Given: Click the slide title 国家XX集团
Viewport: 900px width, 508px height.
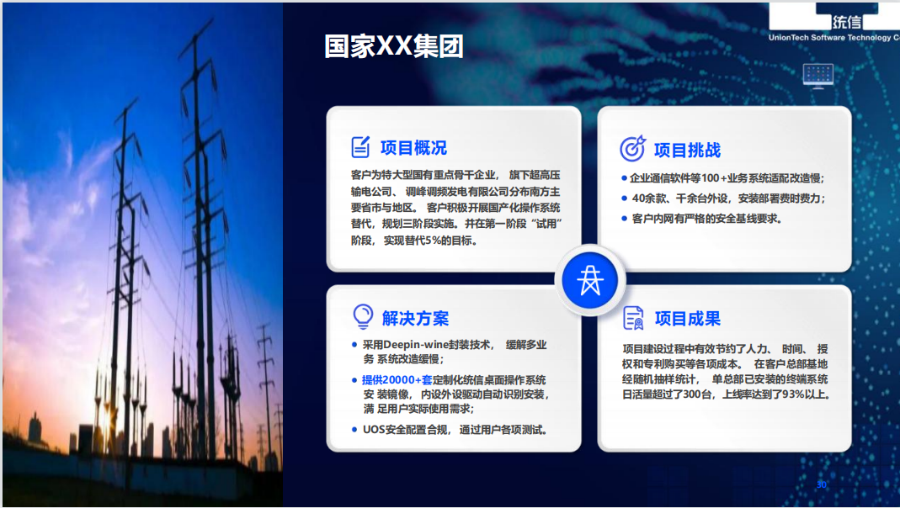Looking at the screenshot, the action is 394,46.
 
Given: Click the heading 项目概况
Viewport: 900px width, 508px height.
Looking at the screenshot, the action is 413,147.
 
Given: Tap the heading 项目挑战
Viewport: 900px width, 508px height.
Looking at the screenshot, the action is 687,150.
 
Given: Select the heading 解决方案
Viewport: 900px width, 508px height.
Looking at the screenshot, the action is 415,318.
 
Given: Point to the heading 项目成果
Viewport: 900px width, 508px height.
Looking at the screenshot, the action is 688,318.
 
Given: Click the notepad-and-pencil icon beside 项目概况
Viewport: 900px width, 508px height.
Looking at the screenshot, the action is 361,147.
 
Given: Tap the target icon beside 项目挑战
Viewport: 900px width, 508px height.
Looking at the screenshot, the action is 632,149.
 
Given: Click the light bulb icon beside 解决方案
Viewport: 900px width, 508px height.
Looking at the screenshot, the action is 363,316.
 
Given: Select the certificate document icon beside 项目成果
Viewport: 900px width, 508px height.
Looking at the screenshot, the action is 633,318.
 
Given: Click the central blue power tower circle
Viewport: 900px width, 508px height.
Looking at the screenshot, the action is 589,280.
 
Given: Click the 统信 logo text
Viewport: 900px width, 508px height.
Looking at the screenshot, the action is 847,23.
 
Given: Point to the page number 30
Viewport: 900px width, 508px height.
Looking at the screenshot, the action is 822,485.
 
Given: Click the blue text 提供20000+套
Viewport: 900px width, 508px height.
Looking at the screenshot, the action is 397,379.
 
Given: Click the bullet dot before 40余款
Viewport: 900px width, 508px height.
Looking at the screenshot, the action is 625,198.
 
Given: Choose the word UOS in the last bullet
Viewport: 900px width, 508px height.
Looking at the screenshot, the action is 372,430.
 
